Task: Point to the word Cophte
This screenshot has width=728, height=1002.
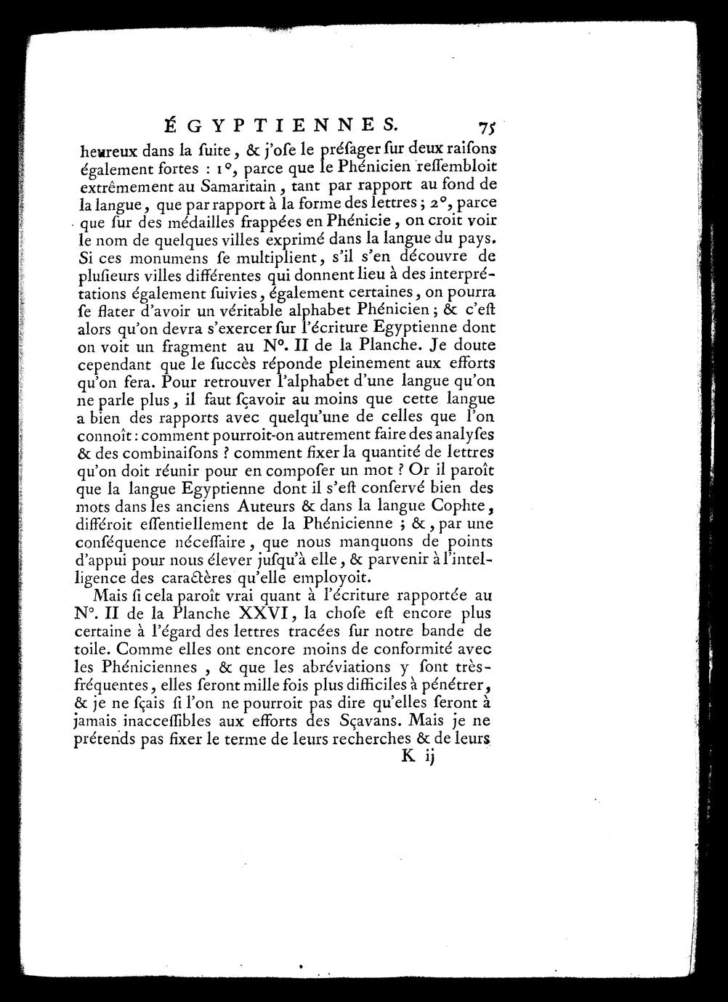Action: point(463,505)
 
